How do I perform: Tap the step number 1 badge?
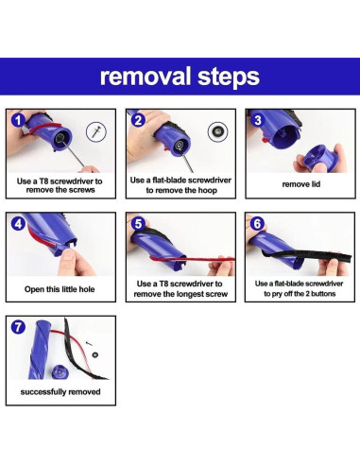pyautogui.click(x=18, y=120)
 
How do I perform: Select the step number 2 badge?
pyautogui.click(x=138, y=120)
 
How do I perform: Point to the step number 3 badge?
pyautogui.click(x=258, y=120)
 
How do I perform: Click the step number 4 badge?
pyautogui.click(x=18, y=223)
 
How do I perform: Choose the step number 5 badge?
pyautogui.click(x=138, y=223)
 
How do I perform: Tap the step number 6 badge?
pyautogui.click(x=257, y=223)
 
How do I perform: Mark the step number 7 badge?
pyautogui.click(x=18, y=327)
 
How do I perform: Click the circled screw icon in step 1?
pyautogui.click(x=96, y=131)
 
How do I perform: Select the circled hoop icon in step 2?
pyautogui.click(x=218, y=131)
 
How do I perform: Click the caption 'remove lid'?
pyautogui.click(x=301, y=184)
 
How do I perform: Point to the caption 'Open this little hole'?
pyautogui.click(x=60, y=289)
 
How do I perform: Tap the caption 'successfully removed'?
pyautogui.click(x=60, y=392)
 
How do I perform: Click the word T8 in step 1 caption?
pyautogui.click(x=43, y=181)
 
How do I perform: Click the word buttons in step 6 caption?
pyautogui.click(x=323, y=294)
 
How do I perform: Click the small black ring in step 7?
pyautogui.click(x=94, y=354)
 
